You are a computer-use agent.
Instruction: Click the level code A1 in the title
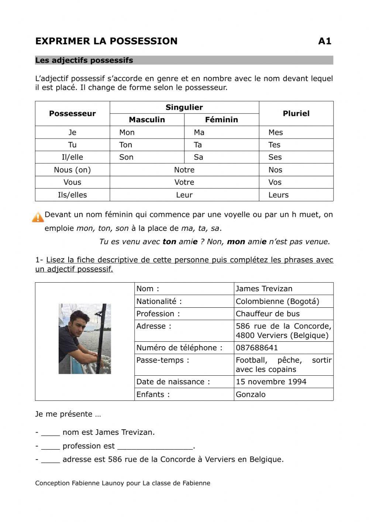[x=324, y=41]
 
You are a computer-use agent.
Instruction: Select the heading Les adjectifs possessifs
[x=84, y=61]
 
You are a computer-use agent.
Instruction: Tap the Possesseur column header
[x=72, y=114]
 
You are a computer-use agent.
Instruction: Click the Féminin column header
[x=221, y=120]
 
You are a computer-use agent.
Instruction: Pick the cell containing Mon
[x=127, y=133]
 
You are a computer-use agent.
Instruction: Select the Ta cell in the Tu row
[x=198, y=145]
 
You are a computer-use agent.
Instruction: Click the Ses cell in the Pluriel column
[x=275, y=157]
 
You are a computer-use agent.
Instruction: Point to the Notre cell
[x=184, y=170]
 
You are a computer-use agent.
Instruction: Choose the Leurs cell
[x=279, y=195]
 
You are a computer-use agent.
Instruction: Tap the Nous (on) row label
[x=72, y=170]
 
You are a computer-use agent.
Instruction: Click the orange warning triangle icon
[x=38, y=217]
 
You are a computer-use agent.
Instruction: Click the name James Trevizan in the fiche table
[x=264, y=289]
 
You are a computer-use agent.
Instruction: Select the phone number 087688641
[x=257, y=348]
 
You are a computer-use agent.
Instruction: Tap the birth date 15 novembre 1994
[x=271, y=382]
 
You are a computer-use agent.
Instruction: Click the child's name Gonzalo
[x=251, y=395]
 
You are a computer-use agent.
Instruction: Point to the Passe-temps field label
[x=163, y=361]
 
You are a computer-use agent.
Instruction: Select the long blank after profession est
[x=155, y=447]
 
